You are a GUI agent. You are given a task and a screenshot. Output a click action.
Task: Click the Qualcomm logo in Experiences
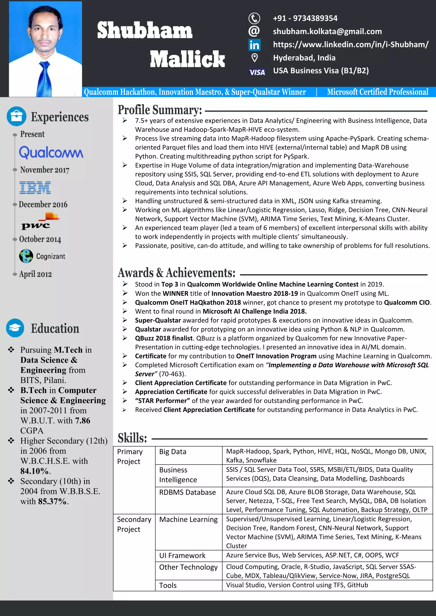[51, 152]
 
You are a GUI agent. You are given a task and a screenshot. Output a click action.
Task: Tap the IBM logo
[35, 188]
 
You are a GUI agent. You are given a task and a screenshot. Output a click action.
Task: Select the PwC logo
[40, 221]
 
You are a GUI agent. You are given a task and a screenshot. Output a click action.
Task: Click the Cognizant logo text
[50, 256]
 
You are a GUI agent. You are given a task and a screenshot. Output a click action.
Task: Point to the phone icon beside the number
[254, 18]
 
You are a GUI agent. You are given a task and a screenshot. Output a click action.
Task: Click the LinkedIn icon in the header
[254, 45]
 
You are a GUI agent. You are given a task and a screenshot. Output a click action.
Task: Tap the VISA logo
[257, 72]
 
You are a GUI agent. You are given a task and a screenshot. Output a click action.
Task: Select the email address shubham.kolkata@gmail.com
[327, 31]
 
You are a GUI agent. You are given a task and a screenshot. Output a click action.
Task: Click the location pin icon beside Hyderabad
[254, 58]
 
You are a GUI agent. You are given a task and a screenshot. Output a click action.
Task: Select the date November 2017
[44, 170]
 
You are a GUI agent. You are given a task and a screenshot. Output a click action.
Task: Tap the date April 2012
[35, 274]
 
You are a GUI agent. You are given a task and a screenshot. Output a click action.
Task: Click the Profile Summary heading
[159, 110]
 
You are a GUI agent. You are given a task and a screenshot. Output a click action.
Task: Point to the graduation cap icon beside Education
[15, 328]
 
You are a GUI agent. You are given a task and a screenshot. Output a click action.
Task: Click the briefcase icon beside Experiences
[16, 116]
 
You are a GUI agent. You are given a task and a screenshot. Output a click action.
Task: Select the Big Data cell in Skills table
[173, 452]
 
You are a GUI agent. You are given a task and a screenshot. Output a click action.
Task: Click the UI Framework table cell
[182, 555]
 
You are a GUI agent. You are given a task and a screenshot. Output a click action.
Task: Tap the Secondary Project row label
[134, 524]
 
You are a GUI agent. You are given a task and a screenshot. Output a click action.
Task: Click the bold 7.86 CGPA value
[83, 420]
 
